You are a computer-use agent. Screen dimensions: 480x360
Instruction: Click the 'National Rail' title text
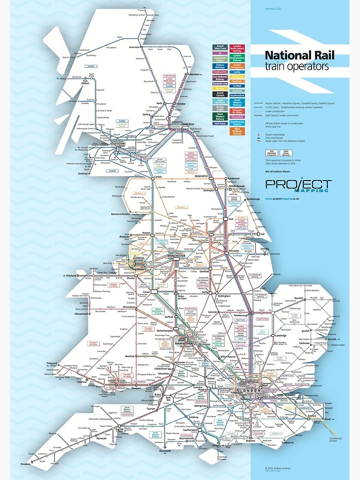click(297, 56)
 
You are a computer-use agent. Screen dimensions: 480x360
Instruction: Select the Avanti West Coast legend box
click(220, 47)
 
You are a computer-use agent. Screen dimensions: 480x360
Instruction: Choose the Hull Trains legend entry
click(220, 123)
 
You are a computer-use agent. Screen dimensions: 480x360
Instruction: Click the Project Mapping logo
click(298, 186)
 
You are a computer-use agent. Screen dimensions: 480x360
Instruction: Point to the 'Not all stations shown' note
click(275, 171)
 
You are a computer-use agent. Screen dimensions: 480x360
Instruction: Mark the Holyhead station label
click(71, 276)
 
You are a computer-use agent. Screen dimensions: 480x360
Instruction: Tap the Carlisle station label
click(158, 177)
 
